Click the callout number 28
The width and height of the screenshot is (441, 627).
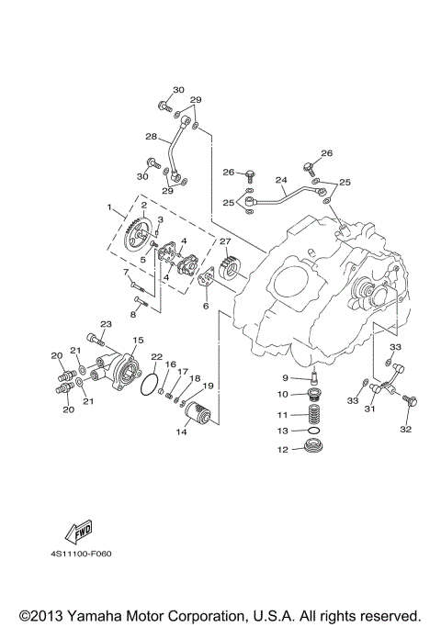(x=151, y=137)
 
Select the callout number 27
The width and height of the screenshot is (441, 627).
(x=224, y=241)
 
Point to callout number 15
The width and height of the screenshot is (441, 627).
(x=138, y=340)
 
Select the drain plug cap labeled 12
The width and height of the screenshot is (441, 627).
(x=316, y=449)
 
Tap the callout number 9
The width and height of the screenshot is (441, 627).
(x=286, y=378)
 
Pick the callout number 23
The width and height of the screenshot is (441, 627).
(x=106, y=324)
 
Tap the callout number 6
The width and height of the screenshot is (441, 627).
(x=207, y=306)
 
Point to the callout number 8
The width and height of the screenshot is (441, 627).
(x=132, y=314)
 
